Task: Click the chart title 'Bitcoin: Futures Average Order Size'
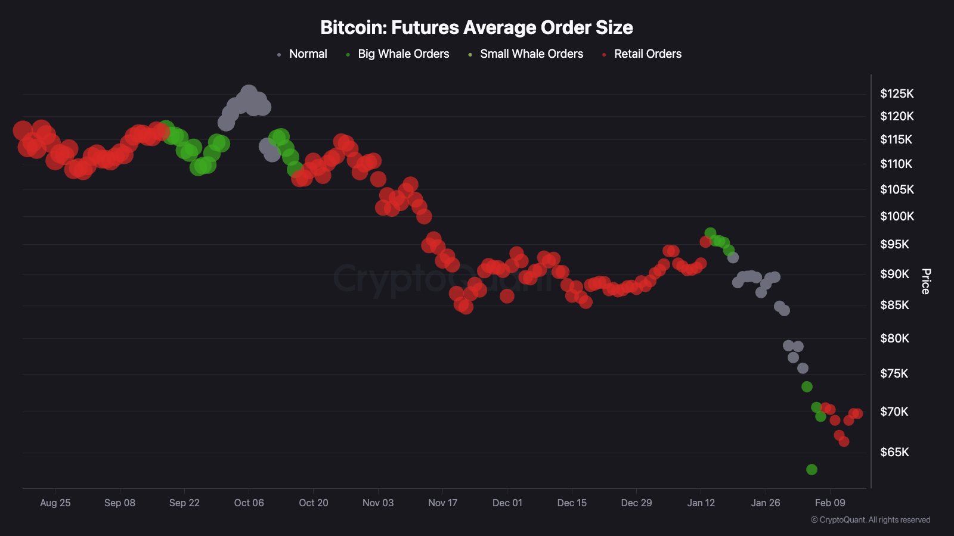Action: pos(476,27)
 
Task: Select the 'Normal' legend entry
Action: pos(308,54)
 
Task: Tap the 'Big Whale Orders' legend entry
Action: pos(403,54)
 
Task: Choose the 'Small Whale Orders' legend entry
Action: pos(531,54)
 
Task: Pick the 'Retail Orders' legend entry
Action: pos(648,54)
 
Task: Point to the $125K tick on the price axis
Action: pos(897,94)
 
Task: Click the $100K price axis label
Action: pos(897,216)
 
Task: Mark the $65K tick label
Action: pos(894,452)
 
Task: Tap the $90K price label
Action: pos(894,274)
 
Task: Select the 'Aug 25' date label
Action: pos(55,503)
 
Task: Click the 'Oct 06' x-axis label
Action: pos(249,503)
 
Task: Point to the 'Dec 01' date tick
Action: pos(507,503)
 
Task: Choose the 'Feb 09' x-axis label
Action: pos(830,503)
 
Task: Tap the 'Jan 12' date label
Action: pos(701,503)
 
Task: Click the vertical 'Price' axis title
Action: pos(925,281)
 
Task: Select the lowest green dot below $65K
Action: pos(811,469)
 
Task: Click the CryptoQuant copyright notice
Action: pos(871,520)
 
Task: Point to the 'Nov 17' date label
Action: pos(442,503)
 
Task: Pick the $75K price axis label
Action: pos(894,373)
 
